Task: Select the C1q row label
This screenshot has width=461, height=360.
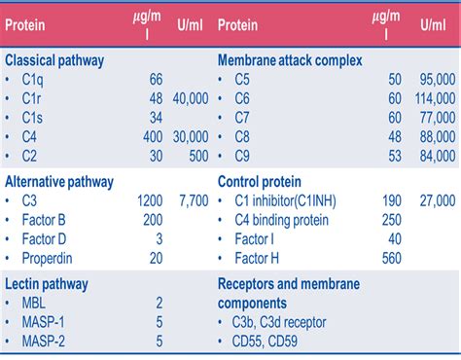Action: click(33, 79)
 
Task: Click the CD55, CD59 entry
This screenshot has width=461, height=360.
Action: click(271, 341)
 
